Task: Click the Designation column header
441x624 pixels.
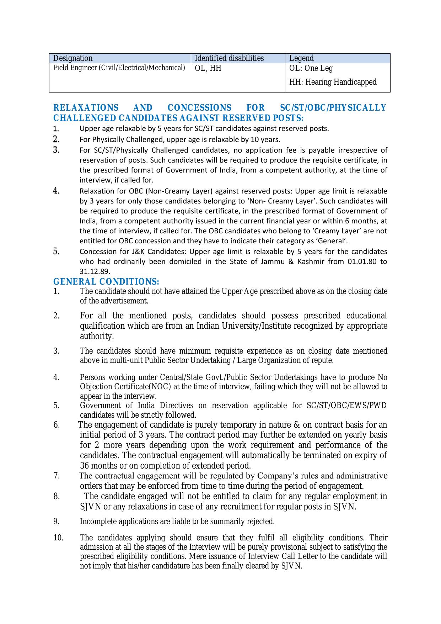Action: (73, 58)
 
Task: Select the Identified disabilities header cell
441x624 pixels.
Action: (229, 58)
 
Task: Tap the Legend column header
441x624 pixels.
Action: (301, 58)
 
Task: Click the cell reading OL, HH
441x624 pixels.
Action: (208, 68)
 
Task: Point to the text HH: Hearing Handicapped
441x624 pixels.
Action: (333, 82)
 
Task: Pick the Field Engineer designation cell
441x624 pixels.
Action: (119, 68)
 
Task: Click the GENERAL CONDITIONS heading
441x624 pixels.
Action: (106, 282)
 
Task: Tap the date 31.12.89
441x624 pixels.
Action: (95, 271)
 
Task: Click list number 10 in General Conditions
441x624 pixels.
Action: (58, 538)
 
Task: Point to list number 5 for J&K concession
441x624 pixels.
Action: (56, 252)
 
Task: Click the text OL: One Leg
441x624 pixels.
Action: (311, 68)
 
